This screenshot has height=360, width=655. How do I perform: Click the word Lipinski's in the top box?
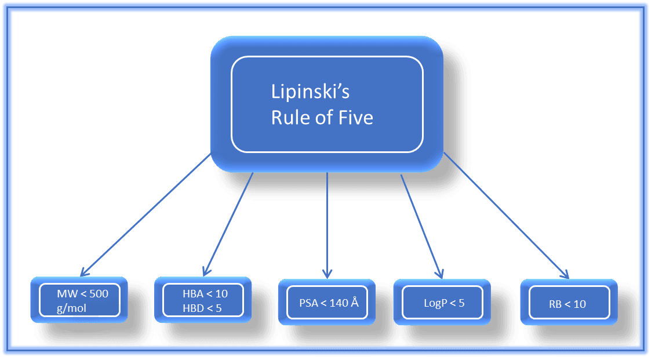click(310, 92)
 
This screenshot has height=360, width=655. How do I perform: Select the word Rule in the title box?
click(289, 118)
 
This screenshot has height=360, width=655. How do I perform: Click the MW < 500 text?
click(82, 293)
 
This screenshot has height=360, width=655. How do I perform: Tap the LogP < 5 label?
click(444, 303)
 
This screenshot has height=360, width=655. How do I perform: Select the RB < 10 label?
click(567, 304)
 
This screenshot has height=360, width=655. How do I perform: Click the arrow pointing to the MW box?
click(145, 214)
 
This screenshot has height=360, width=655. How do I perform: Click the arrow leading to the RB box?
click(504, 214)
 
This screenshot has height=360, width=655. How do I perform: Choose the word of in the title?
click(324, 118)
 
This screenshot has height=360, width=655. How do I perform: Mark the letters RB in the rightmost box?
click(555, 304)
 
